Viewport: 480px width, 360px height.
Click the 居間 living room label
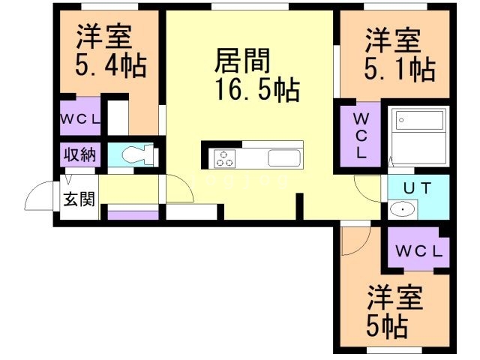pos(241,60)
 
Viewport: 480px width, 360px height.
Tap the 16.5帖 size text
pos(257,90)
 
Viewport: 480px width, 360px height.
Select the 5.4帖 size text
pos(110,66)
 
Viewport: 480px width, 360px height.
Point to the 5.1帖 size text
pos(400,70)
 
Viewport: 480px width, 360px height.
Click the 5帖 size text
pos(387,325)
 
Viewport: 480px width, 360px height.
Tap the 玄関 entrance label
pos(79,200)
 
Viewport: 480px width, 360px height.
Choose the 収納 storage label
pos(79,156)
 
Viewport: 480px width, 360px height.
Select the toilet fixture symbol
pos(136,155)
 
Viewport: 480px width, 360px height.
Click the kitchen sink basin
pos(284,158)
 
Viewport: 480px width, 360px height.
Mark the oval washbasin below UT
pos(403,209)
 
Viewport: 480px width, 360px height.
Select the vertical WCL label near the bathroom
pos(361,136)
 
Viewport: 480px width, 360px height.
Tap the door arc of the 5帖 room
pos(355,238)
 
